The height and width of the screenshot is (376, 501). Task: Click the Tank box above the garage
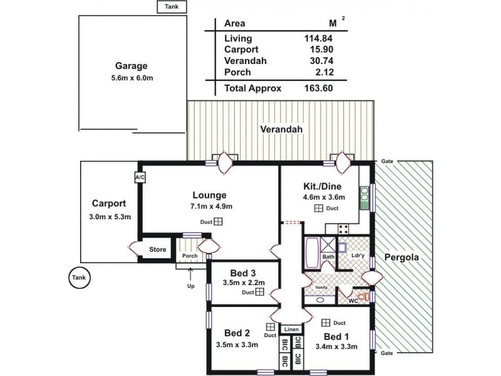170,7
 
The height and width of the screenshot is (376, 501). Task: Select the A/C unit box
139,178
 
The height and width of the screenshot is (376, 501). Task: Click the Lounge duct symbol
218,221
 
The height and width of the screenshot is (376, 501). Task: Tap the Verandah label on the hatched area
281,130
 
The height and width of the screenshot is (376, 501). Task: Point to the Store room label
158,249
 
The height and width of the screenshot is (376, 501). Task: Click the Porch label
189,256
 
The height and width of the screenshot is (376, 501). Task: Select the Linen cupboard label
290,329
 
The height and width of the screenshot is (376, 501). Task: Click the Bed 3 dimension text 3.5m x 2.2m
244,283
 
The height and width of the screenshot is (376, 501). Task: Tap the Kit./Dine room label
319,187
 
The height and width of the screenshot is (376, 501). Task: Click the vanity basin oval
320,300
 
